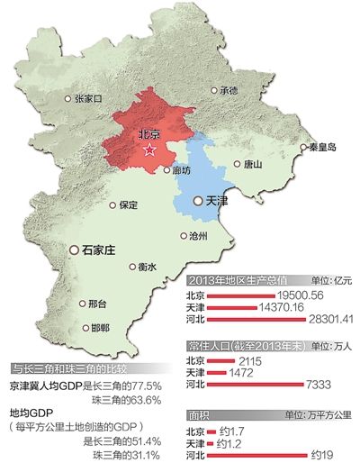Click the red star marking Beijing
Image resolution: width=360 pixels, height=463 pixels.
pyautogui.click(x=151, y=150)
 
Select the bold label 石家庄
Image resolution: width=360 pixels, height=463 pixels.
pyautogui.click(x=94, y=249)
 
